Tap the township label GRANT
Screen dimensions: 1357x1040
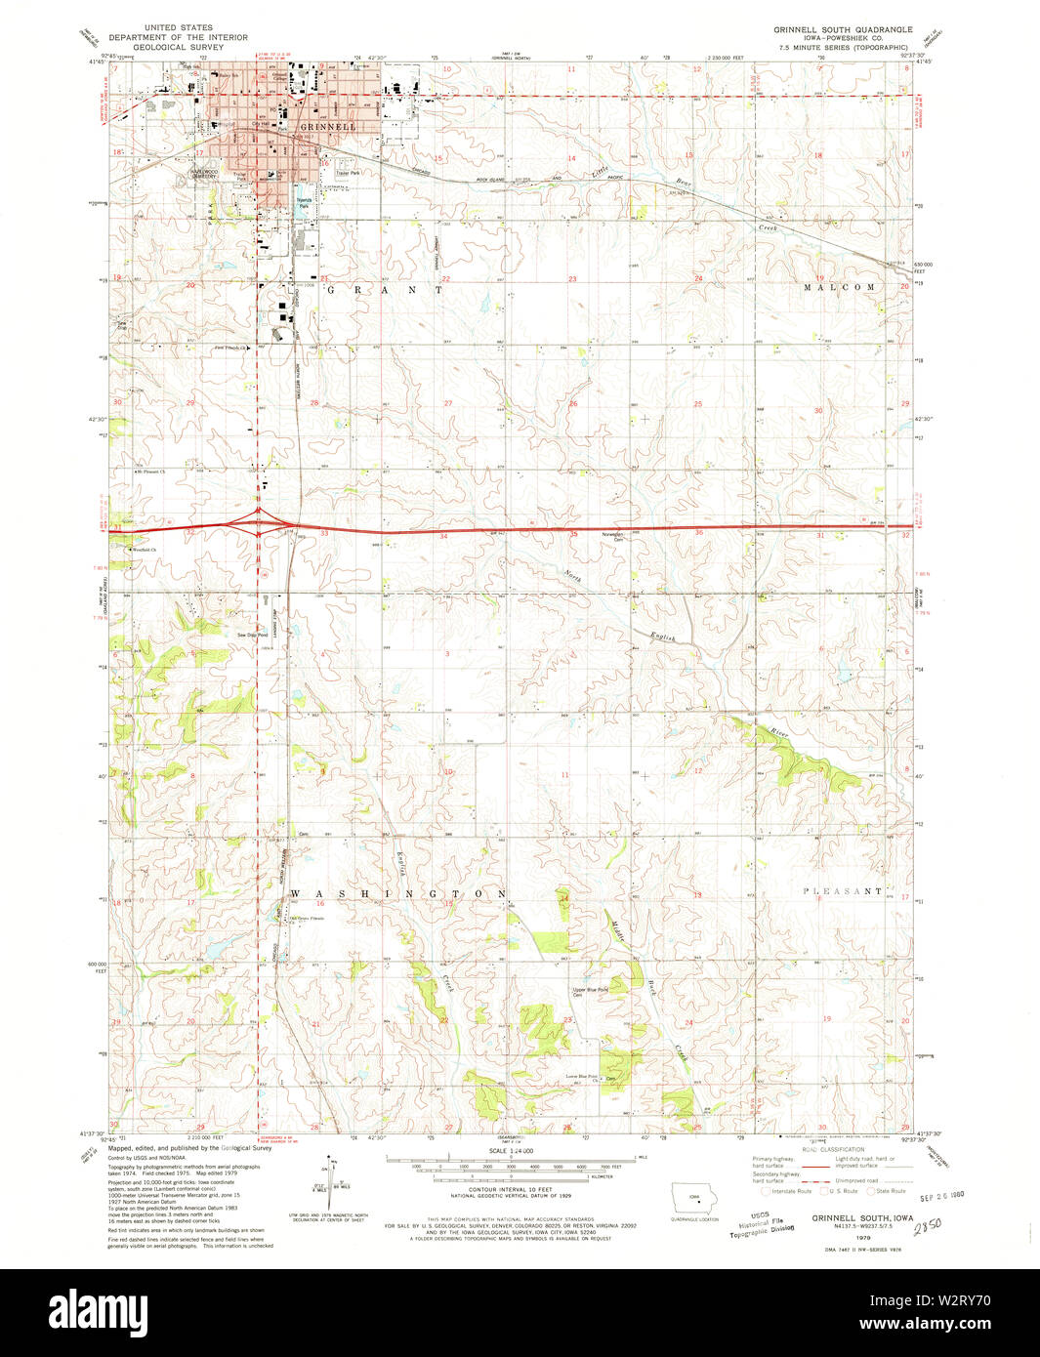(385, 289)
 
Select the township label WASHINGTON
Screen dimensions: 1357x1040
(398, 893)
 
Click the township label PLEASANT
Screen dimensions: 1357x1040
(843, 891)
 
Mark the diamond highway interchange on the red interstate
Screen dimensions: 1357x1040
(259, 524)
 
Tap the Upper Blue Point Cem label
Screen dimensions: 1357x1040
(590, 992)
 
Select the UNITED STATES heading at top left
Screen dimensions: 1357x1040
(179, 28)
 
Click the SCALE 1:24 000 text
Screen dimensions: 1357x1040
(512, 1152)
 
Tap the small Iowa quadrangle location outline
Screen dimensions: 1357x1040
(694, 1198)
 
